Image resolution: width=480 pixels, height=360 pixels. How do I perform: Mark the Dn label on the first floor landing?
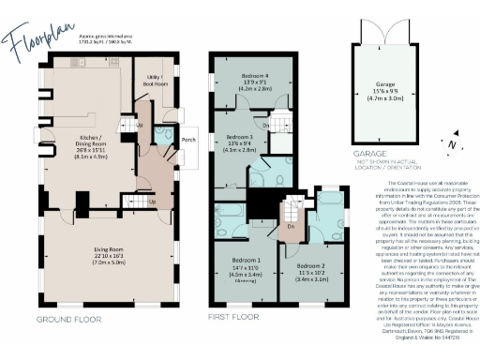point(292,225)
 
